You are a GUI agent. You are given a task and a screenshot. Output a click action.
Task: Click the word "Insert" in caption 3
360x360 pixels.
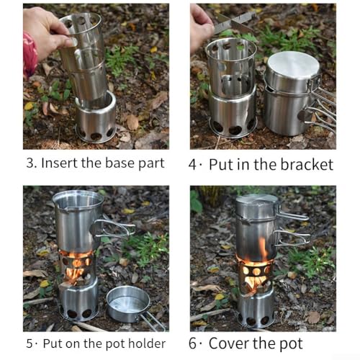click(x=63, y=163)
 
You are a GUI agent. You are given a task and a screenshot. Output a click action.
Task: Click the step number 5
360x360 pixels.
click(x=30, y=343)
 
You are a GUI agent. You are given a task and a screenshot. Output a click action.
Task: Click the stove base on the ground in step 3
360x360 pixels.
click(x=95, y=119)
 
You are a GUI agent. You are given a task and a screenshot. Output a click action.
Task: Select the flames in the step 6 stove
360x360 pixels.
click(x=256, y=271)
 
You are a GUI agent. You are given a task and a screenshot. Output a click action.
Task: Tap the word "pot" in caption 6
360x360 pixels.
click(x=287, y=344)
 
